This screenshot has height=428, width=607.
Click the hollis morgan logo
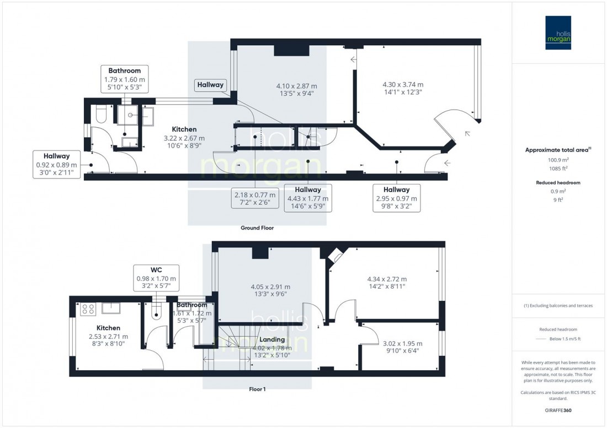558,32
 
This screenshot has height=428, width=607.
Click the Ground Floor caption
257,227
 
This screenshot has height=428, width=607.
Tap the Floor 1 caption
257,389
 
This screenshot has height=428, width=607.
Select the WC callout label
156,279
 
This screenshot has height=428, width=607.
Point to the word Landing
272,339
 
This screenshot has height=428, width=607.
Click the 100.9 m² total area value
558,159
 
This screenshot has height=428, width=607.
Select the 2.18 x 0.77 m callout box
254,198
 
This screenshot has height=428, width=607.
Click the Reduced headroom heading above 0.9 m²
558,182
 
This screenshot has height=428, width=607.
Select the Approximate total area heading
558,149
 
